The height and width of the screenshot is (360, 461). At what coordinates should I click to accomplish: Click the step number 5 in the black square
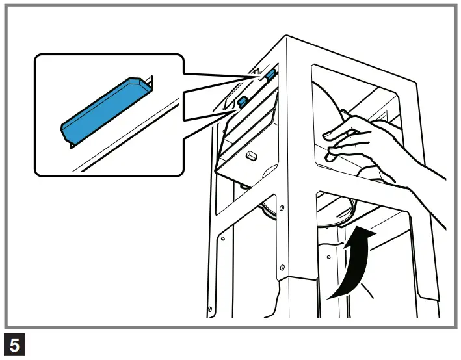click(14, 345)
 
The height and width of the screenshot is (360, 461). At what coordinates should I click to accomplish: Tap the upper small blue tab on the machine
click(269, 74)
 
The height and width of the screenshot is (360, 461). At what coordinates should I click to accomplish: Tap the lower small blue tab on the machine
click(242, 101)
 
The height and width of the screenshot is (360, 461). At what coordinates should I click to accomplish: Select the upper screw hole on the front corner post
click(281, 207)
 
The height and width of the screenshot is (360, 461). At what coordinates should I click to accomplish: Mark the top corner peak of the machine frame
click(286, 37)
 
